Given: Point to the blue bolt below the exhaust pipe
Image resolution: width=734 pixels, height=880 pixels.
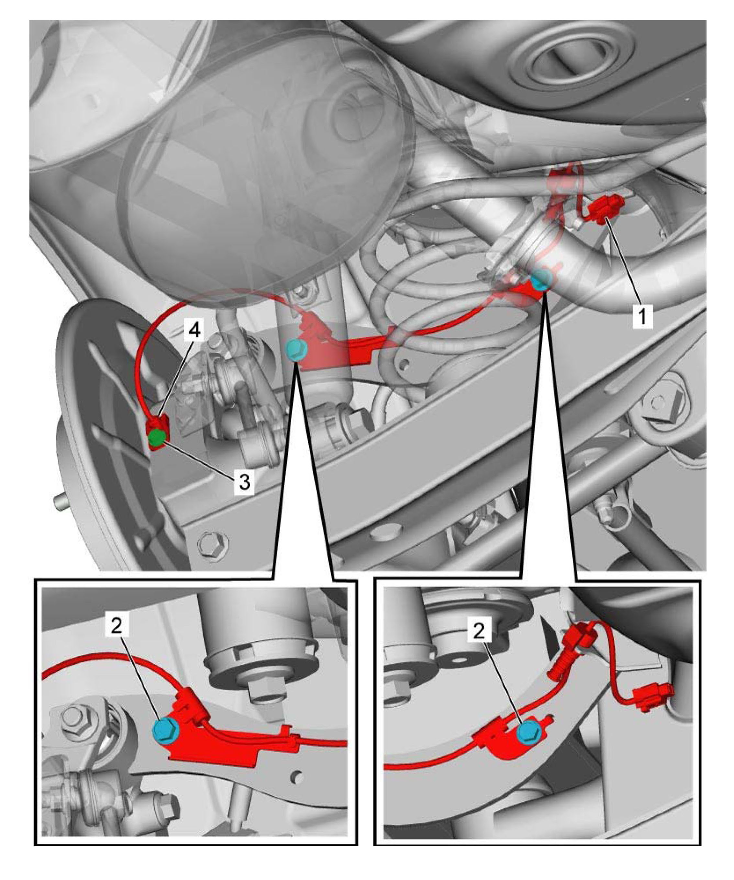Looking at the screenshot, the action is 541,280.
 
